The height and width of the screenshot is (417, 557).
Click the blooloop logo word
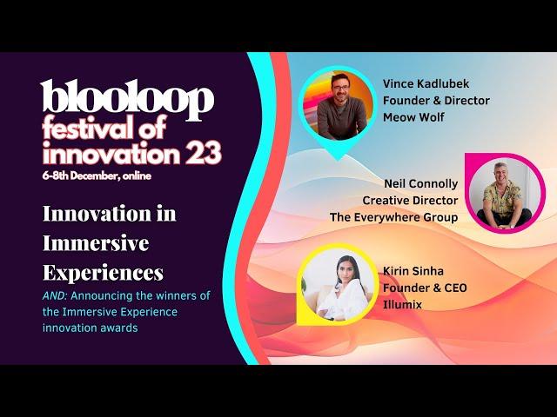click(x=127, y=98)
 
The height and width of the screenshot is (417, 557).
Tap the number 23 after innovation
click(x=203, y=153)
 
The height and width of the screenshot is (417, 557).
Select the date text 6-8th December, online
click(x=97, y=175)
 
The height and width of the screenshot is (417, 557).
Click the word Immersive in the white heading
click(x=96, y=243)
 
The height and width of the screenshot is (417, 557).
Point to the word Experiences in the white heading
click(x=103, y=272)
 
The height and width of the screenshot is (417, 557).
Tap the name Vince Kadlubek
click(x=426, y=84)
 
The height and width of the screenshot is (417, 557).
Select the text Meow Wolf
click(x=413, y=117)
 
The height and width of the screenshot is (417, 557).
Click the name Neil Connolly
click(x=421, y=183)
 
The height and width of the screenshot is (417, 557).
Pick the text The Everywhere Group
click(x=393, y=217)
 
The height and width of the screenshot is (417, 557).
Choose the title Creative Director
click(x=410, y=201)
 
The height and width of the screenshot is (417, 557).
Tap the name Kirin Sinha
click(x=413, y=271)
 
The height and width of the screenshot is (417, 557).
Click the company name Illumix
click(x=402, y=305)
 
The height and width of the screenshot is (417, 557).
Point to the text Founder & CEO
click(x=425, y=288)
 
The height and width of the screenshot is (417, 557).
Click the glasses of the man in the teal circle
click(x=341, y=87)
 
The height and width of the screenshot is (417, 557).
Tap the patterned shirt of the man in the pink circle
click(x=502, y=198)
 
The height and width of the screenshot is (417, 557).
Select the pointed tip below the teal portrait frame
click(x=338, y=160)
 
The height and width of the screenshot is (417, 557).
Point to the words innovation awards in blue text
click(x=91, y=328)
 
